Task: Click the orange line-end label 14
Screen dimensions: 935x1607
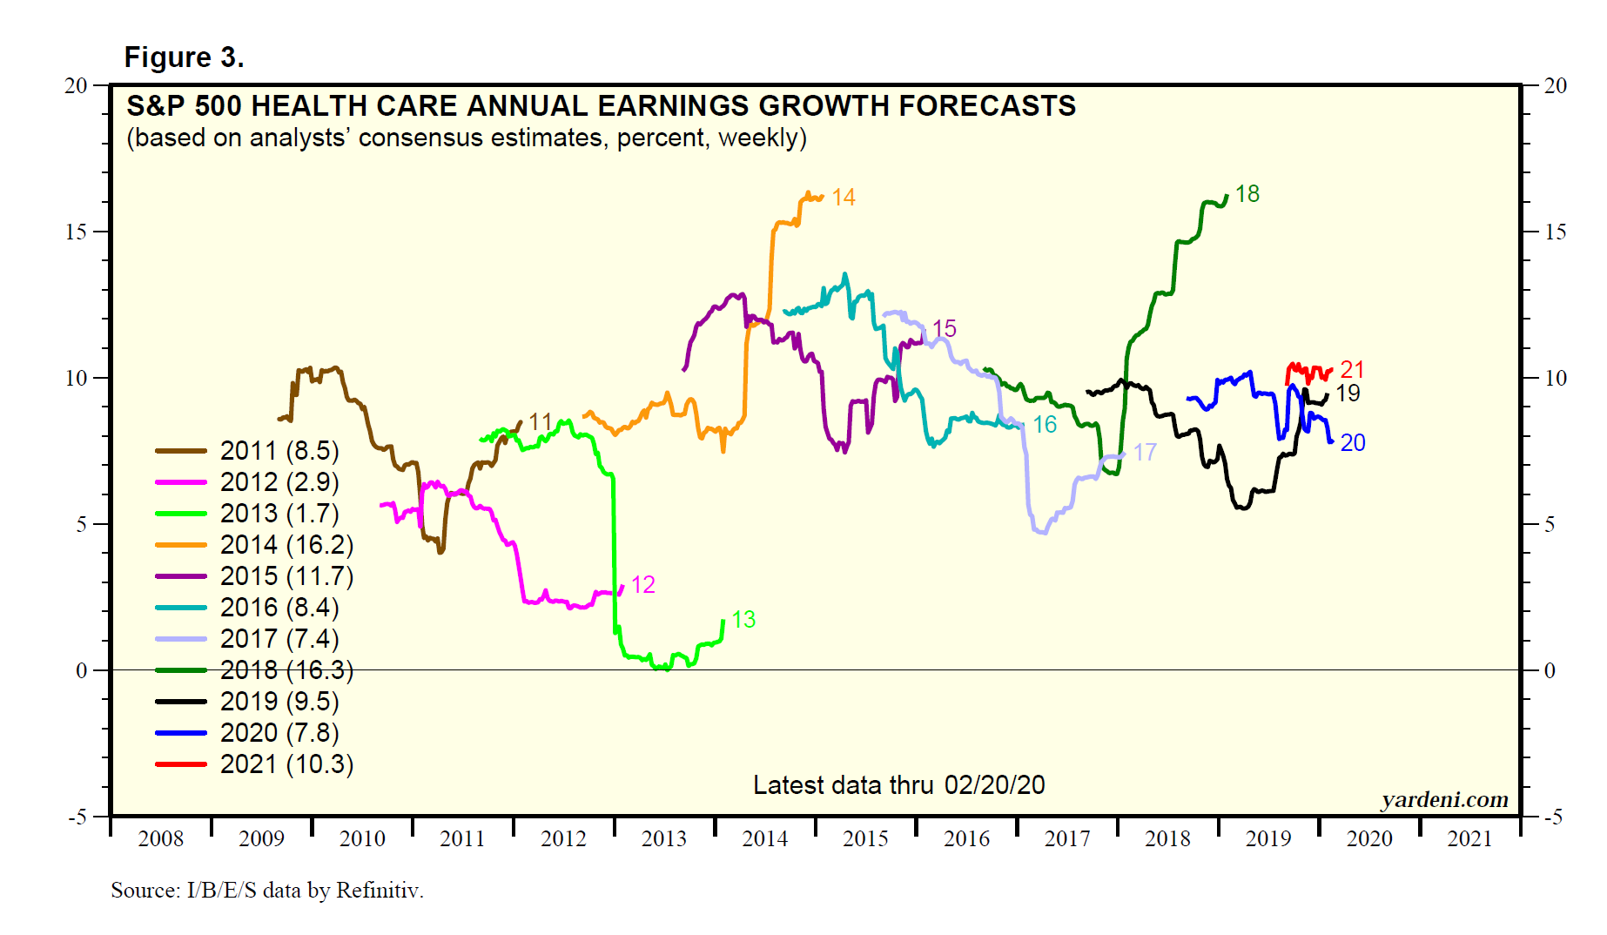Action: [x=843, y=198]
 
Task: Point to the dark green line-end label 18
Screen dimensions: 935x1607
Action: [x=1247, y=194]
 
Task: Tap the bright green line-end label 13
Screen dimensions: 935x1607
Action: [x=743, y=620]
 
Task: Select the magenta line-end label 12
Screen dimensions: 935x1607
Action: [x=642, y=585]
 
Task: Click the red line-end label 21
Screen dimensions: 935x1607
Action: [x=1352, y=369]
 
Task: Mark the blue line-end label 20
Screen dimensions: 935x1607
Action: [x=1353, y=443]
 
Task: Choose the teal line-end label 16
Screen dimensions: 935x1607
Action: [x=1045, y=425]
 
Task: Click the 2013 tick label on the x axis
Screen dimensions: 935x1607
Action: [x=664, y=839]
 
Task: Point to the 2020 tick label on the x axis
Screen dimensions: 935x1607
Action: [x=1369, y=839]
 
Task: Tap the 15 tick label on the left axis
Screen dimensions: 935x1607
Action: [x=77, y=232]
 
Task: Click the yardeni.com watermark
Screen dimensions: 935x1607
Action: [x=1444, y=799]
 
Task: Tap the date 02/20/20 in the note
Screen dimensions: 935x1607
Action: [x=994, y=785]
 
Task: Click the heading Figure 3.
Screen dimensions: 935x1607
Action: [x=184, y=57]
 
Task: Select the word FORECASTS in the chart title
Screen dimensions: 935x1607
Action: [x=987, y=106]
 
